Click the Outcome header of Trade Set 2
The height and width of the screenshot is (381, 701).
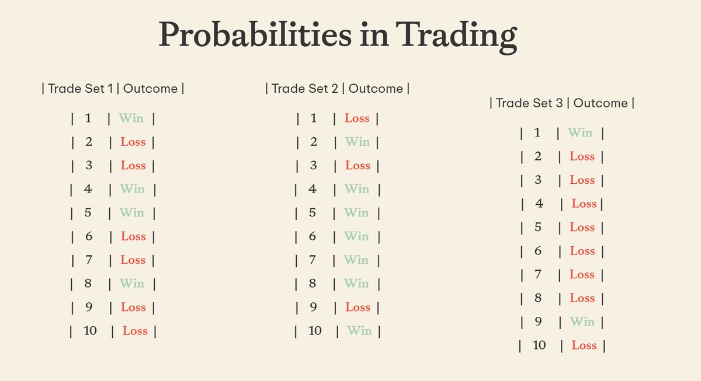[376, 89]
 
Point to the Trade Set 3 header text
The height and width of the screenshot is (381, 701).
[529, 103]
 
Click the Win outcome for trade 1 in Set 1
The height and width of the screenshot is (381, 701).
[131, 118]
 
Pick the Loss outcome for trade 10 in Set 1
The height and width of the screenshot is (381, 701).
[135, 331]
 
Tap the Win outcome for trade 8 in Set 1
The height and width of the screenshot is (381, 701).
[131, 284]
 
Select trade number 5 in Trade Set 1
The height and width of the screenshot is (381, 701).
[88, 212]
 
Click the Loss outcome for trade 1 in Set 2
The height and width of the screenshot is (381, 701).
[357, 118]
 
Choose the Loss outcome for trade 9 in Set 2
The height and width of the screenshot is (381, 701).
[358, 307]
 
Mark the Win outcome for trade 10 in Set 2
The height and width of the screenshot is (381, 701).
[359, 331]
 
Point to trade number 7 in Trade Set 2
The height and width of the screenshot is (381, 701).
[313, 260]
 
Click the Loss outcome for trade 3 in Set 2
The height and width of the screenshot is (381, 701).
[358, 166]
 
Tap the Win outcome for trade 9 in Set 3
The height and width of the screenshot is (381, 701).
[582, 321]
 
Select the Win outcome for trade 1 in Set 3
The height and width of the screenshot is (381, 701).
[580, 133]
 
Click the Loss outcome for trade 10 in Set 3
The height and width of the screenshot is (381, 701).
[584, 345]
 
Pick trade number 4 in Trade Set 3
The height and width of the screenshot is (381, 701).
[539, 204]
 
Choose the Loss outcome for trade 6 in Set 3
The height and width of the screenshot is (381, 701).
[582, 251]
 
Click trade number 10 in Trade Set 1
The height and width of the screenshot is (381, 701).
[90, 331]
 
